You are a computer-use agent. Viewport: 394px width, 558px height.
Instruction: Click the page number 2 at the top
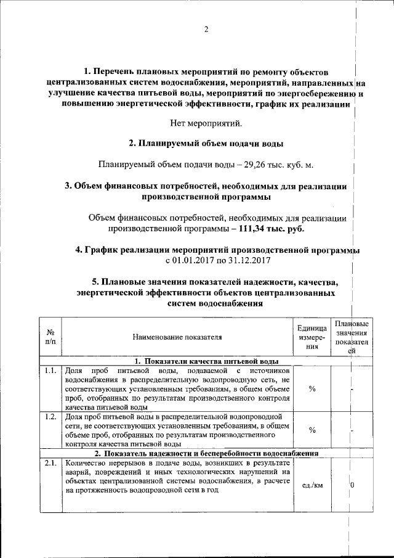tap(207, 30)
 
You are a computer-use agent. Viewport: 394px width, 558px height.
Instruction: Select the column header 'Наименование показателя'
tap(176, 337)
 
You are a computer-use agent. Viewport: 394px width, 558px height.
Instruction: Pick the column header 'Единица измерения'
tap(312, 337)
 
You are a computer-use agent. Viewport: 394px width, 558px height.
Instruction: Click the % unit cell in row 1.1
tap(312, 389)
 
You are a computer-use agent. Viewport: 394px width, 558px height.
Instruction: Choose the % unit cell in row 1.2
tap(312, 430)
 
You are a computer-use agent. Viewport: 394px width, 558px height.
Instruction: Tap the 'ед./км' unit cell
tap(312, 485)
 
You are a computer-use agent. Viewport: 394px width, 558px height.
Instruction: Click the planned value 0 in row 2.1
tap(352, 485)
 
